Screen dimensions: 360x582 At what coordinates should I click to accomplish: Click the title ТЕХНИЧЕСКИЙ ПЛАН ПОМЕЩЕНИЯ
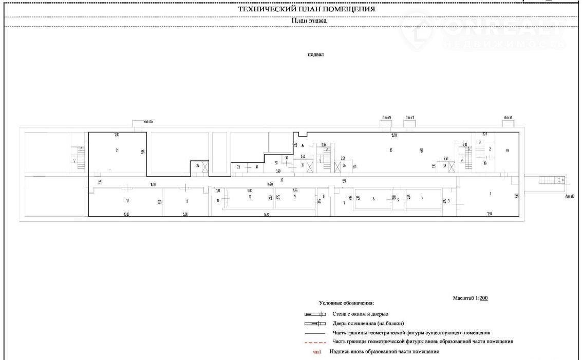pos(306,9)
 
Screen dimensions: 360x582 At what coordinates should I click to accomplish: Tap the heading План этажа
pos(309,21)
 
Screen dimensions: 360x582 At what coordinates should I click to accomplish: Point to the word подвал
pos(315,54)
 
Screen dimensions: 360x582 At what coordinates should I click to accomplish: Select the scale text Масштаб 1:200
pos(473,298)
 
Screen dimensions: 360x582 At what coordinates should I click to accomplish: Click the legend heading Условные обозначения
pos(346,304)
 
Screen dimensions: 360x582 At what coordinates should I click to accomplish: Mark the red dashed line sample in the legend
pos(318,342)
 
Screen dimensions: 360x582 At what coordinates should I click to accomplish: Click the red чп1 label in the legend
pos(317,352)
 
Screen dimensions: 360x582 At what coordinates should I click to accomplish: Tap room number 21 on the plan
pos(117,150)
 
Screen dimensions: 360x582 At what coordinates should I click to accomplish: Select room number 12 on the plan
pos(186,200)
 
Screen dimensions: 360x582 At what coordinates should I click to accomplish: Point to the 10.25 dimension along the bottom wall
pos(126,214)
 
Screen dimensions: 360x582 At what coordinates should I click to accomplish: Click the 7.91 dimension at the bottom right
pos(490,214)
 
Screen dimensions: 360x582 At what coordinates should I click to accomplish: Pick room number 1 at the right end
pos(490,194)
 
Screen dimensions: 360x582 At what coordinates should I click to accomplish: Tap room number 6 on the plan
pos(373,198)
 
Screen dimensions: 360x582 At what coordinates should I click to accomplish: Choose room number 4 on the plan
pos(422,198)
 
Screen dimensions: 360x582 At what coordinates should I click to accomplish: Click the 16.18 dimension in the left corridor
pos(153,184)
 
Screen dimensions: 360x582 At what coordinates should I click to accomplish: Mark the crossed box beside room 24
pos(205,167)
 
